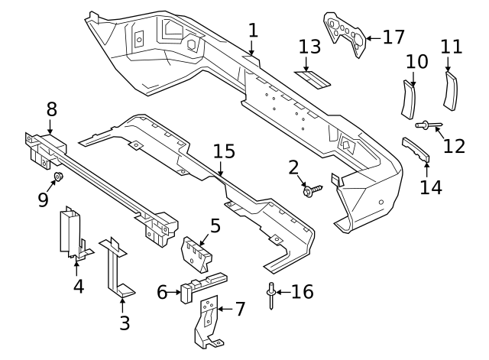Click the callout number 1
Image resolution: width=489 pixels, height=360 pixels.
pyautogui.click(x=253, y=31)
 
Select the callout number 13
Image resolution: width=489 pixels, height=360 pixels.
pyautogui.click(x=310, y=48)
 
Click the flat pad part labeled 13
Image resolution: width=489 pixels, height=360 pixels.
pyautogui.click(x=310, y=76)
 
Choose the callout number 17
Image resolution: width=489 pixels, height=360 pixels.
pyautogui.click(x=393, y=36)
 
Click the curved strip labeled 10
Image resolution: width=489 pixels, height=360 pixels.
pyautogui.click(x=411, y=98)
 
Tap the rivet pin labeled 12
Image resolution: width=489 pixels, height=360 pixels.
pyautogui.click(x=425, y=125)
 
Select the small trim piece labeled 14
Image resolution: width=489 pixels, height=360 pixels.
pyautogui.click(x=416, y=149)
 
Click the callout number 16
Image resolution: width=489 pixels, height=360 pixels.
pyautogui.click(x=303, y=292)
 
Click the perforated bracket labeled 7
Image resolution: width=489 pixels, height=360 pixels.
pyautogui.click(x=206, y=320)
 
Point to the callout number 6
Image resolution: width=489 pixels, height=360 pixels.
pyautogui.click(x=161, y=292)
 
